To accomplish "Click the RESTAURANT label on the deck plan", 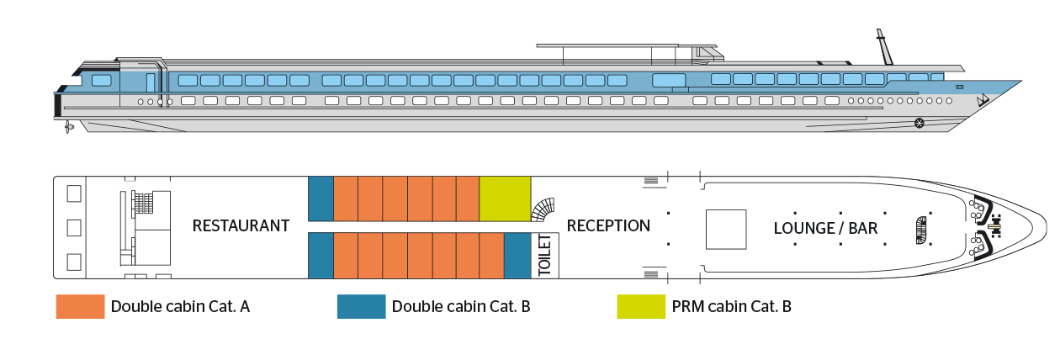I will (241, 226).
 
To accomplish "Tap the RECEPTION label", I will (608, 226).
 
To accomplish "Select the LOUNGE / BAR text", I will (825, 229).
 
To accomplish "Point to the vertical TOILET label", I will (543, 256).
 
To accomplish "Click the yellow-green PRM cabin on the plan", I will (505, 199).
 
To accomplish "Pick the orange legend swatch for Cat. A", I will (79, 307).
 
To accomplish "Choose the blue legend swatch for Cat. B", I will (361, 307).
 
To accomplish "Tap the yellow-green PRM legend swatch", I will (640, 307).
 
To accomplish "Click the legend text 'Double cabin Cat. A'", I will (180, 307).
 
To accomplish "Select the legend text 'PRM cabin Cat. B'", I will (731, 307).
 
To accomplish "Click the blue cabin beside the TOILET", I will (516, 256).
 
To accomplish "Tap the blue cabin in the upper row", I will (321, 199).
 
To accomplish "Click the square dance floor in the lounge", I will (725, 229).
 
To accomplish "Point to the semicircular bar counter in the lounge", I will (920, 229).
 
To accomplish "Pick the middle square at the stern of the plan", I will (73, 227).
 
